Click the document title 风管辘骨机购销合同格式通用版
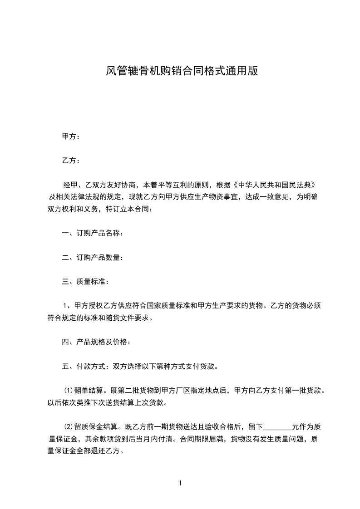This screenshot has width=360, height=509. tap(182, 71)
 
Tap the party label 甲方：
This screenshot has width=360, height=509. tap(71, 136)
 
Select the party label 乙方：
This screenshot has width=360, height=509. tap(71, 161)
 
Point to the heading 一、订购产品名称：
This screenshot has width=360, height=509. tap(92, 234)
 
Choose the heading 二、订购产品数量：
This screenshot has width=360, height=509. tap(92, 258)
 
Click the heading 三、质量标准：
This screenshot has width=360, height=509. tap(85, 282)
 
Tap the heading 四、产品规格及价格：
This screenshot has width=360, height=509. tap(96, 342)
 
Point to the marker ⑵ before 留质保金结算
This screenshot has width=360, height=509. tap(69, 427)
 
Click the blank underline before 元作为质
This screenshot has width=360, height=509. tap(277, 427)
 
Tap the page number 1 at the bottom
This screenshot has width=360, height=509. tap(180, 483)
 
